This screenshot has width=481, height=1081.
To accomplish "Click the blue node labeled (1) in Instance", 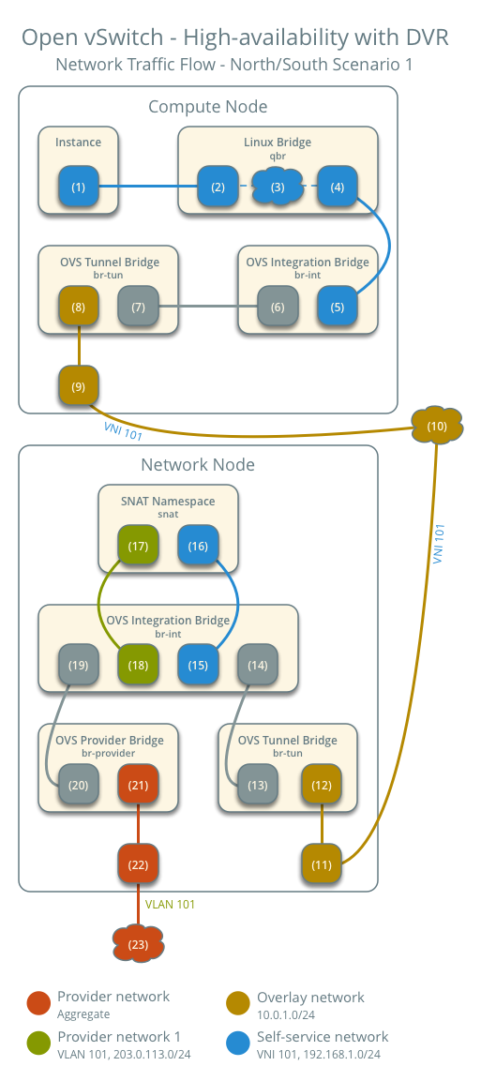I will (x=78, y=187).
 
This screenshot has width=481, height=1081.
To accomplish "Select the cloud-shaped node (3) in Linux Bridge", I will (x=278, y=187).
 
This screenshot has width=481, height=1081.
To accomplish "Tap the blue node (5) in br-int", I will (x=338, y=307).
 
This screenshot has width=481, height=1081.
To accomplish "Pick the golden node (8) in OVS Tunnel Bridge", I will (x=78, y=307).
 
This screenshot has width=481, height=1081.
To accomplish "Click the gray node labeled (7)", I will (x=138, y=307).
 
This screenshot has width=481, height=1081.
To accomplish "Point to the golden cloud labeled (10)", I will (x=437, y=427).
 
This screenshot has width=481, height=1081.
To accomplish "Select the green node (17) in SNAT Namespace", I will (x=138, y=545).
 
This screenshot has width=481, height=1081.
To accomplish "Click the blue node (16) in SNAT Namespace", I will (x=198, y=545).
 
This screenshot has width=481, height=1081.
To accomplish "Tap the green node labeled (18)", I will (x=138, y=665).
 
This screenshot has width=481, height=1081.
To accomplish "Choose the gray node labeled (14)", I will (x=258, y=665).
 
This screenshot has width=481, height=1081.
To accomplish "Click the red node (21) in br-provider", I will (x=138, y=785).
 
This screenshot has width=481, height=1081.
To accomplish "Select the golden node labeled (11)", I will (x=322, y=863).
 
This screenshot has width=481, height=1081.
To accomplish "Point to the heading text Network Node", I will (x=198, y=464).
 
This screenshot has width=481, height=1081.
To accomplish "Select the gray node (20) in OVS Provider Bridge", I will (x=78, y=785).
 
